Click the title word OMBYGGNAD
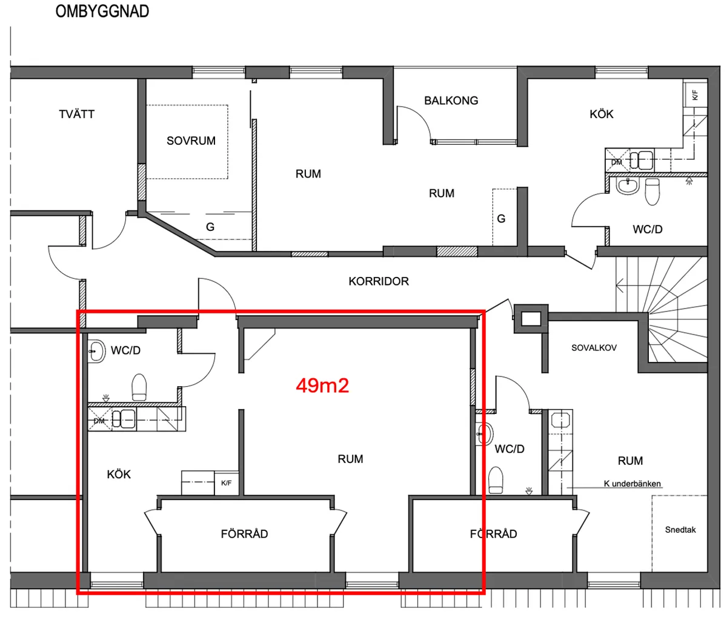pyautogui.click(x=102, y=12)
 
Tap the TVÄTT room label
pyautogui.click(x=77, y=114)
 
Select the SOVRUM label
pyautogui.click(x=191, y=141)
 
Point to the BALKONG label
pyautogui.click(x=451, y=101)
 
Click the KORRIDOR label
pyautogui.click(x=379, y=281)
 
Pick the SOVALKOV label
pyautogui.click(x=594, y=348)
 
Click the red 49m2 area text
pyautogui.click(x=322, y=385)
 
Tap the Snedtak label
pyautogui.click(x=680, y=530)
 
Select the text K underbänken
pyautogui.click(x=632, y=484)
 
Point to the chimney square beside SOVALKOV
pyautogui.click(x=531, y=318)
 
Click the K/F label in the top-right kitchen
pyautogui.click(x=695, y=95)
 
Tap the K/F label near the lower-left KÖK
pyautogui.click(x=226, y=483)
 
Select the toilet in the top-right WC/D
pyautogui.click(x=652, y=191)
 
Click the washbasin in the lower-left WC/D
pyautogui.click(x=96, y=351)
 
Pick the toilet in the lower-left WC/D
pyautogui.click(x=139, y=387)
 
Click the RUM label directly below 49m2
pyautogui.click(x=350, y=459)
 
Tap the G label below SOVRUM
pyautogui.click(x=210, y=227)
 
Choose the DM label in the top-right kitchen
pyautogui.click(x=616, y=162)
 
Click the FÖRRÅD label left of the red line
pyautogui.click(x=244, y=534)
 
